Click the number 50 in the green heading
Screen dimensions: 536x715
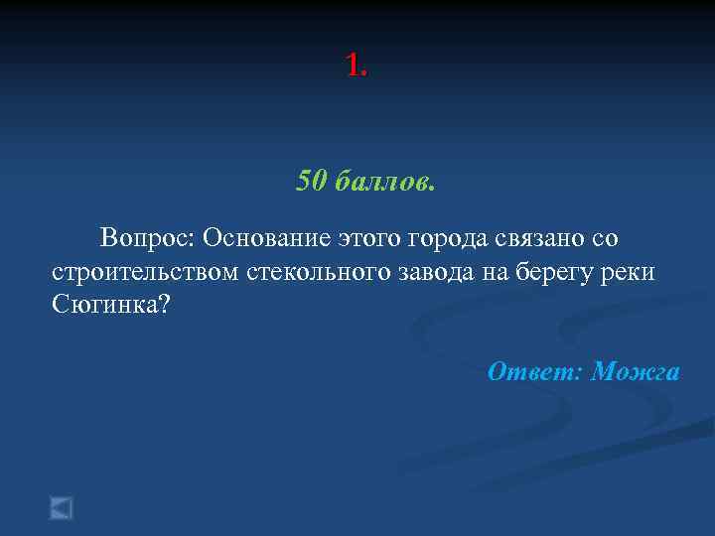tap(311, 182)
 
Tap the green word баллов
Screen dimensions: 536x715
tap(384, 182)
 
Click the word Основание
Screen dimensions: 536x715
tap(265, 238)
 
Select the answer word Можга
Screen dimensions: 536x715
tap(636, 371)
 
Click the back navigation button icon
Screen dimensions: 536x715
tap(62, 508)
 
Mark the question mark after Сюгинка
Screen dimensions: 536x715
tap(165, 304)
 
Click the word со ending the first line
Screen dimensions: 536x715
tap(604, 238)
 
